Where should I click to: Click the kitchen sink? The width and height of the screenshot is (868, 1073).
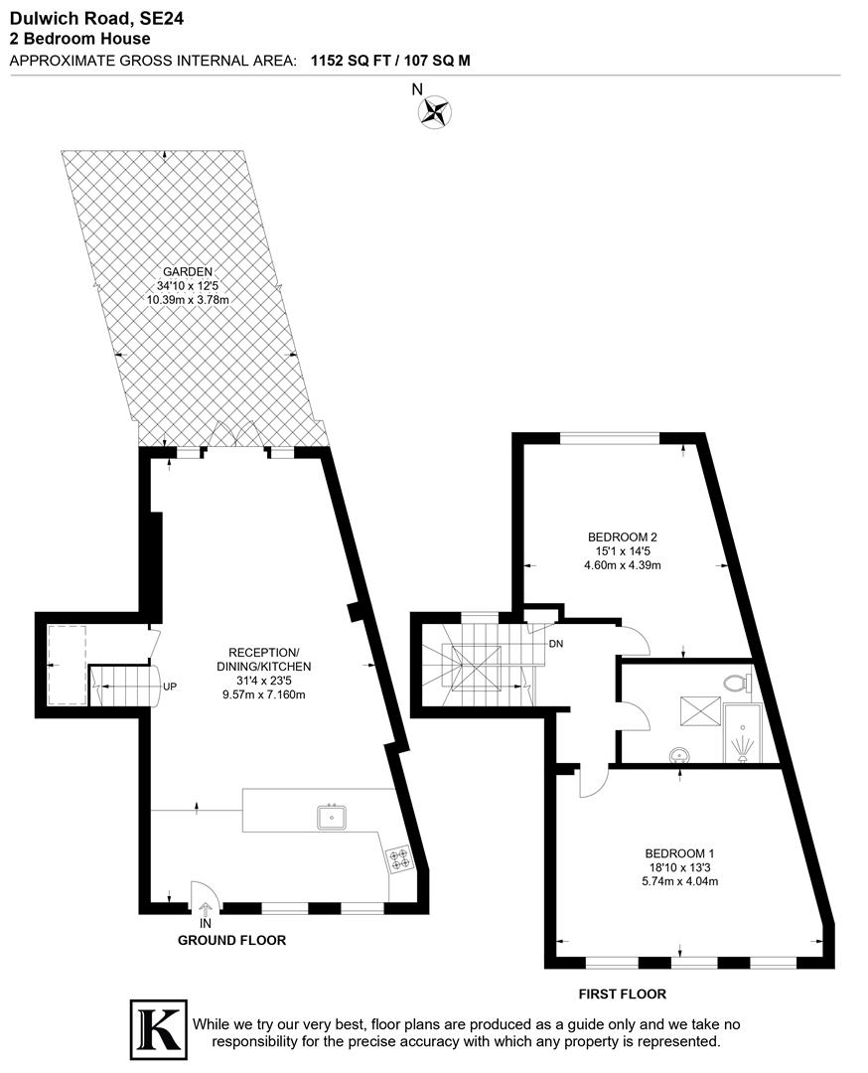(332, 817)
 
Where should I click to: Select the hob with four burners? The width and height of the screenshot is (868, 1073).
(400, 857)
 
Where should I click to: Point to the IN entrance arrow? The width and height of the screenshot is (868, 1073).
(206, 908)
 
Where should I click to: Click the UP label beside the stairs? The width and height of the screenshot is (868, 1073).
(170, 686)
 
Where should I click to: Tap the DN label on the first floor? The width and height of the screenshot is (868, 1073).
(556, 644)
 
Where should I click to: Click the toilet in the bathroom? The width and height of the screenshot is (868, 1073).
(736, 683)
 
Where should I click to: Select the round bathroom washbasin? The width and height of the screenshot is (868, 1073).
(679, 754)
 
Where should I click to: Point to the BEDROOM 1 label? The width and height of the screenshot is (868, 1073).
(679, 853)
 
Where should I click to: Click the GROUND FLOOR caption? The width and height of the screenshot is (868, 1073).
(231, 940)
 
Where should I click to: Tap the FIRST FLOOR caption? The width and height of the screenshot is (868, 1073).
(623, 994)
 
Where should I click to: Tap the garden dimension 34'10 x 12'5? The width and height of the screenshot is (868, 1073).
(189, 285)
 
